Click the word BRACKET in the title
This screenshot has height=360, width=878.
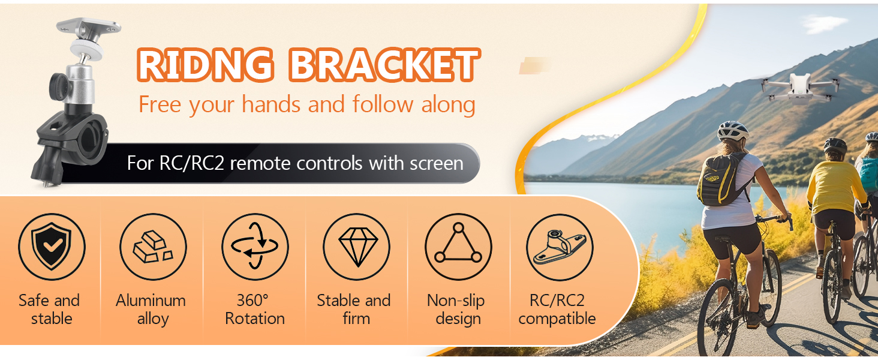[384, 65]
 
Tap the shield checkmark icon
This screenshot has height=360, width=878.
[52, 247]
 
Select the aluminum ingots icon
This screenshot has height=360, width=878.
[153, 247]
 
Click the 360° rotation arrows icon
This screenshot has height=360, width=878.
[255, 247]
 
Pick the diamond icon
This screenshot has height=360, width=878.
[356, 247]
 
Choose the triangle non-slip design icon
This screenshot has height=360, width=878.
[458, 247]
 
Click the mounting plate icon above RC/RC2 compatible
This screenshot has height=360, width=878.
[559, 247]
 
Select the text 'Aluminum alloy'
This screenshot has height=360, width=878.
[151, 309]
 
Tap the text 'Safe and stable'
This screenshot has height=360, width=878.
[49, 309]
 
